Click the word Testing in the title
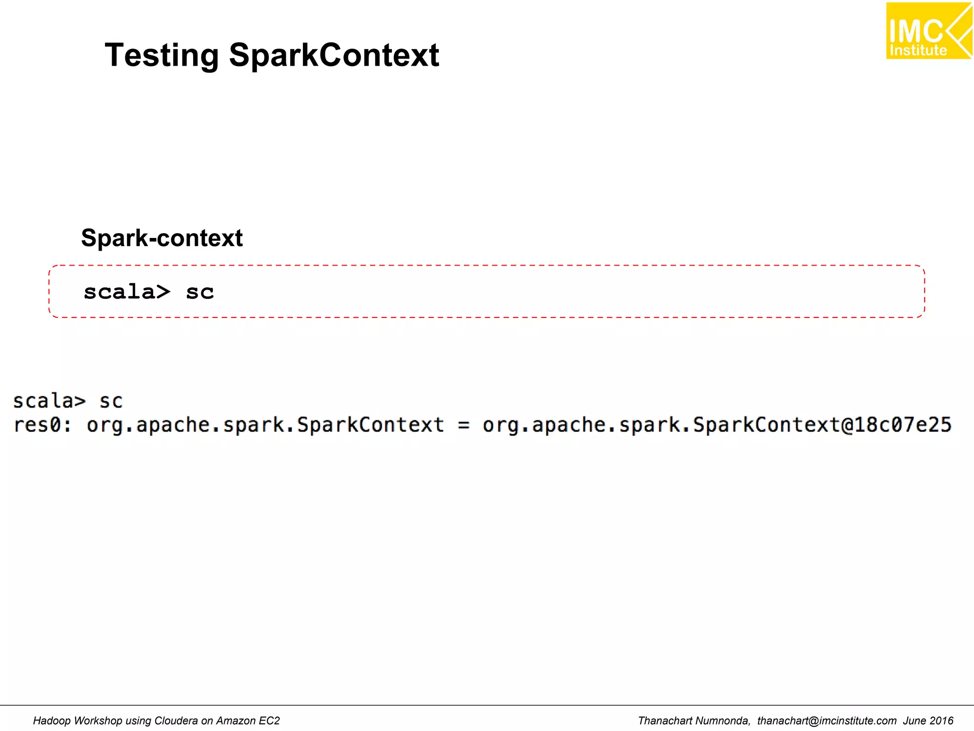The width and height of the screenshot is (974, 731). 161,56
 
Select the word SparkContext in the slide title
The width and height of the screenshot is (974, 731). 334,56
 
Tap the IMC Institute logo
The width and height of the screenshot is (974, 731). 928,31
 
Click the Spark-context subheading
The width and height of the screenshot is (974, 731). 162,238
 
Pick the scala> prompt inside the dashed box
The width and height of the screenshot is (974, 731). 127,292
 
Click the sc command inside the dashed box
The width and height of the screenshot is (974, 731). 200,292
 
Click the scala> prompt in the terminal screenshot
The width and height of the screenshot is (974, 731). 49,401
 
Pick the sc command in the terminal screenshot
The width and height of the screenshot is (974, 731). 111,401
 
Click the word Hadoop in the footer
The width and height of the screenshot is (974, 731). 52,721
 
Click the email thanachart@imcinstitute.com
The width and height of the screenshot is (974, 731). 827,721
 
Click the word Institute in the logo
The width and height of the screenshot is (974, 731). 918,50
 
